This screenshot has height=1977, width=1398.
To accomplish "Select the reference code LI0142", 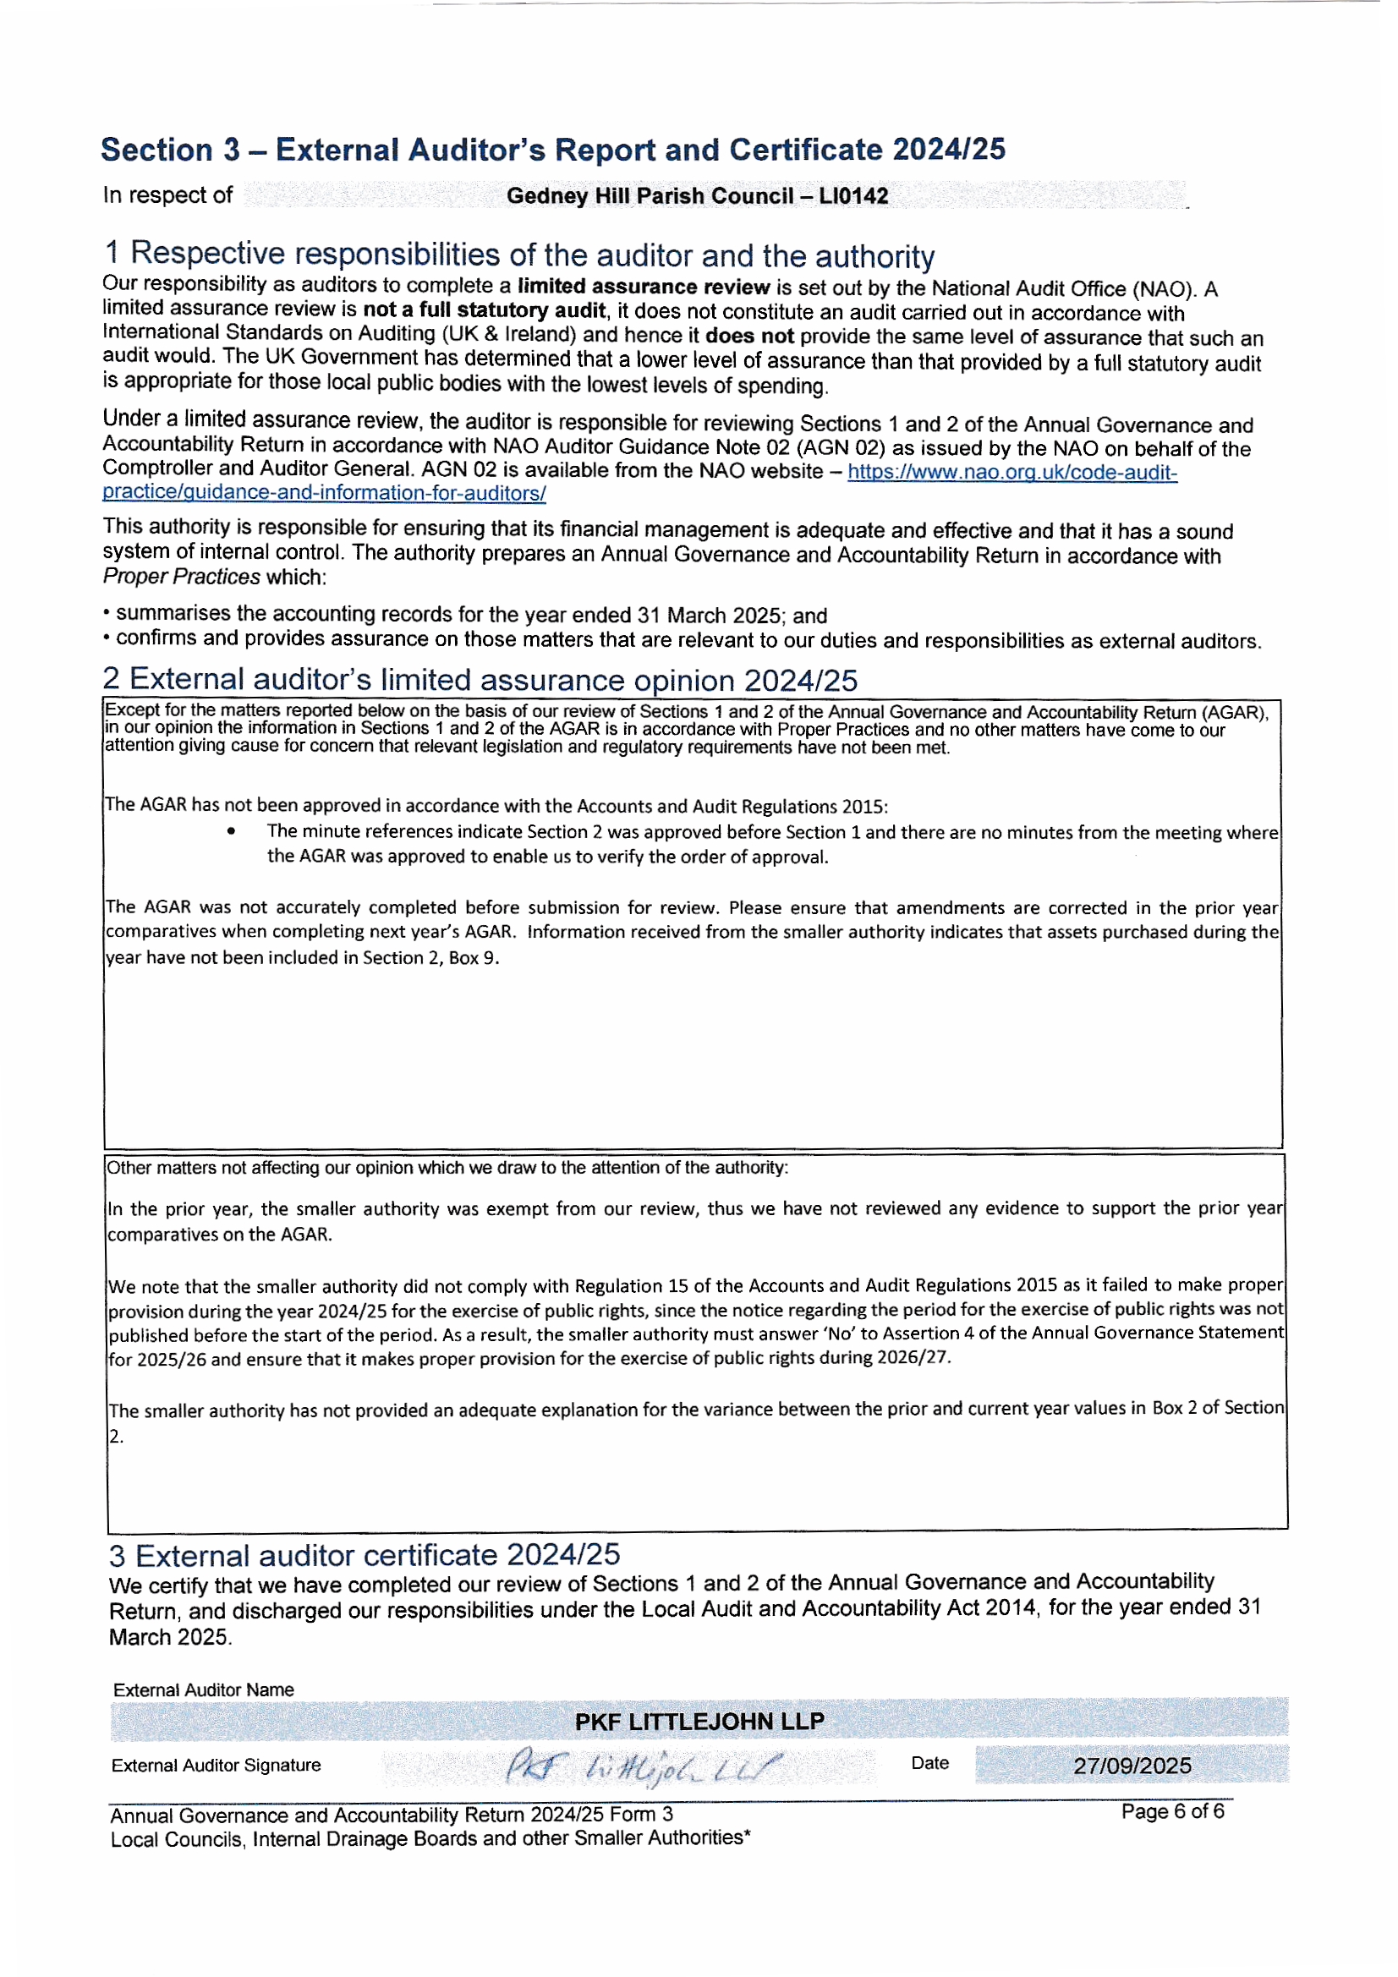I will [853, 195].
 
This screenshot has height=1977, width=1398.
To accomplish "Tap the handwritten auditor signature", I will [643, 1767].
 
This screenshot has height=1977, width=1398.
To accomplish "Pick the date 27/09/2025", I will [1132, 1766].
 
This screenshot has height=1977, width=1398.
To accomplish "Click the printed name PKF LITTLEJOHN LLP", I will [699, 1722].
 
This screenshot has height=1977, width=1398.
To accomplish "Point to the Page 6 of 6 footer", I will [1171, 1810].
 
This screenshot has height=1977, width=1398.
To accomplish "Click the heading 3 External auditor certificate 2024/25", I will [364, 1555].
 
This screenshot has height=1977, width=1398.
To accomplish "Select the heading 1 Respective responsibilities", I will [518, 255].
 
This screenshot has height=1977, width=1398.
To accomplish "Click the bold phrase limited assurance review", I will [643, 287].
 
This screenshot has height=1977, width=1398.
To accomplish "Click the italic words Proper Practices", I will [181, 577].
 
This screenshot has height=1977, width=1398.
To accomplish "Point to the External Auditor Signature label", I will [216, 1766].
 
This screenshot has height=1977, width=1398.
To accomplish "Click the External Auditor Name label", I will [203, 1689].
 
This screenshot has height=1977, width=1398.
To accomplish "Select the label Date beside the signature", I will [929, 1762].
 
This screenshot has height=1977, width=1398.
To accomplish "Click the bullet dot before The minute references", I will [231, 831].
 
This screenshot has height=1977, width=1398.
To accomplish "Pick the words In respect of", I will [167, 195].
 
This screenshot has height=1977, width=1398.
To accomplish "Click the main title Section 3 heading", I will [552, 150].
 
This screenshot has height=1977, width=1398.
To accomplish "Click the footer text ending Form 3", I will [391, 1815].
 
